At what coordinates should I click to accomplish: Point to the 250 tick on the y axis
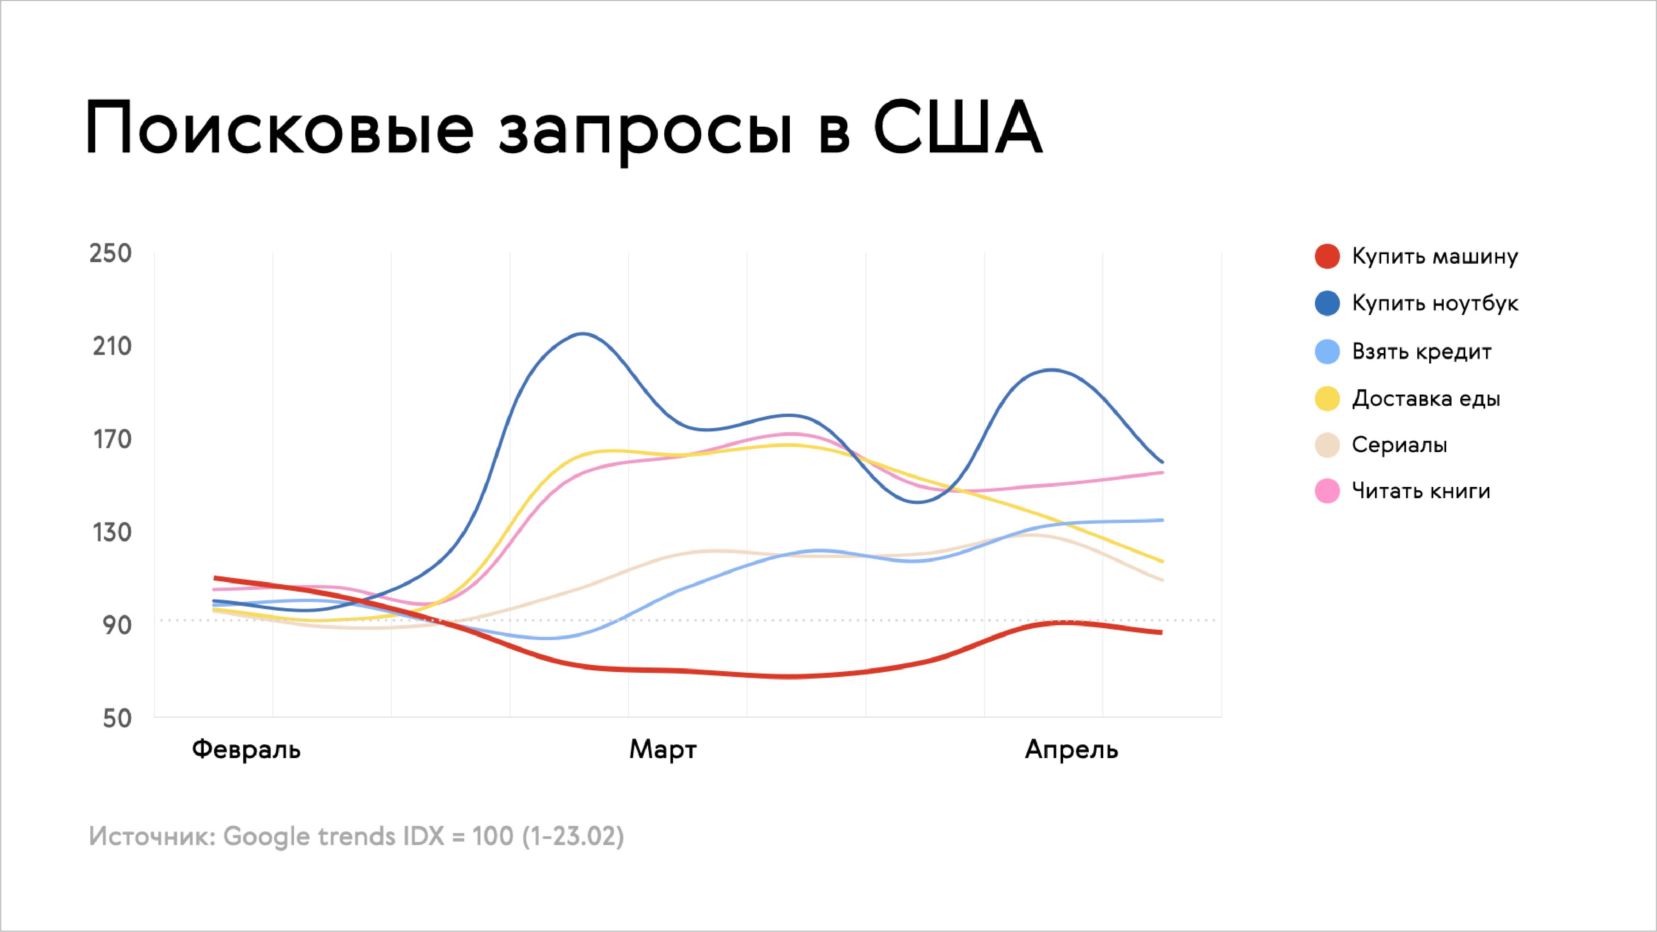(111, 253)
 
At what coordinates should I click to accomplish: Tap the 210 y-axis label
(112, 347)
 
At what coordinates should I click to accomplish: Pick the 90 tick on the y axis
(117, 625)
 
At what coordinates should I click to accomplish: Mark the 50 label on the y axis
(117, 718)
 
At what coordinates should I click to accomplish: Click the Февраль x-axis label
(246, 750)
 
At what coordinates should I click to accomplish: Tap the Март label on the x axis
(663, 750)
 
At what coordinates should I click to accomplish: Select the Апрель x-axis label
(1072, 750)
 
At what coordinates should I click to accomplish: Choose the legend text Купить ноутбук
(1435, 303)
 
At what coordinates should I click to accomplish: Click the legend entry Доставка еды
(1426, 399)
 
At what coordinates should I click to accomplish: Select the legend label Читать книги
(1421, 491)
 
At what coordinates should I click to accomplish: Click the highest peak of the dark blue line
(583, 333)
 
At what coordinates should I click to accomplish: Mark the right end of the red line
(1162, 633)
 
